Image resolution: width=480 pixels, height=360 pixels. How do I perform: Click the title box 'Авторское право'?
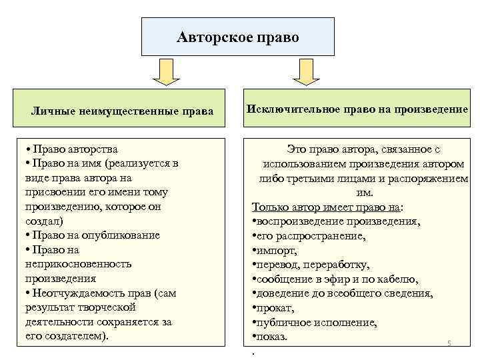(237, 37)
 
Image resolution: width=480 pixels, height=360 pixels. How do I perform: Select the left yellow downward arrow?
(166, 72)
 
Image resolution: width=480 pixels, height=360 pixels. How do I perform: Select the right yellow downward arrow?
(306, 72)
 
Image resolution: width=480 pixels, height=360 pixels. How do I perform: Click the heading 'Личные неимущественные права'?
(123, 111)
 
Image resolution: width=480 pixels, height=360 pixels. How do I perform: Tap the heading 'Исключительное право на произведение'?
(357, 109)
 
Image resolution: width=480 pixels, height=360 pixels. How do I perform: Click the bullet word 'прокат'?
(275, 308)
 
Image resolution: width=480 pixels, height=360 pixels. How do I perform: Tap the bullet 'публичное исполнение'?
(316, 323)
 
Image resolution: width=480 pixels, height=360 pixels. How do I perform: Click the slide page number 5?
(449, 343)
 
